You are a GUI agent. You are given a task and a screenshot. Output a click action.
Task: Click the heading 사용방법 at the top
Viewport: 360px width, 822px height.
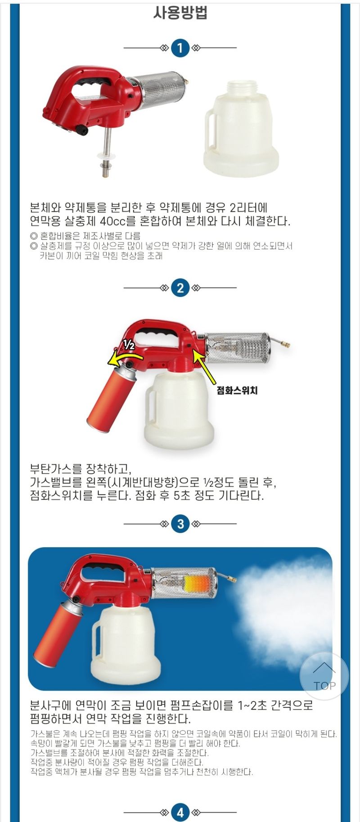180,13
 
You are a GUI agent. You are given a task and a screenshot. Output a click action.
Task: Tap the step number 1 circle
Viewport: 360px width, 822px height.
180,48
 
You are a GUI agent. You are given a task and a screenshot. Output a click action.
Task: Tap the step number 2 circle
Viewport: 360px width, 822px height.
180,287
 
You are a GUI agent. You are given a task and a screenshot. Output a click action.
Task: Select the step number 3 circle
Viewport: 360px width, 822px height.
180,524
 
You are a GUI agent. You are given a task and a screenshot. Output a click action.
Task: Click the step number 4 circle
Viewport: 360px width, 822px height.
180,812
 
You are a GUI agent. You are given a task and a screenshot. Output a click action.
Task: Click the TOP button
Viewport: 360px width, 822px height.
324,676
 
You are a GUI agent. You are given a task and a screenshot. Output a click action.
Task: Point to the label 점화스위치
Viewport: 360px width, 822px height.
237,390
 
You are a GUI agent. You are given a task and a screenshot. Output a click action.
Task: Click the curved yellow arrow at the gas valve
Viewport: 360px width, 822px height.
123,358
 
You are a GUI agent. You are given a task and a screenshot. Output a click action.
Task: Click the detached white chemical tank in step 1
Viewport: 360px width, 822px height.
241,130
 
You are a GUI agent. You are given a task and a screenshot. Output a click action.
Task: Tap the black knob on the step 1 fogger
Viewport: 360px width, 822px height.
82,130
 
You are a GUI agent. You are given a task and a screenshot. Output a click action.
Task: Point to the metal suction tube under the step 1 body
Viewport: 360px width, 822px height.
106,153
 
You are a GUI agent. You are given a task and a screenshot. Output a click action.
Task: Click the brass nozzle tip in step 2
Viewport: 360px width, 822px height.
285,345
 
